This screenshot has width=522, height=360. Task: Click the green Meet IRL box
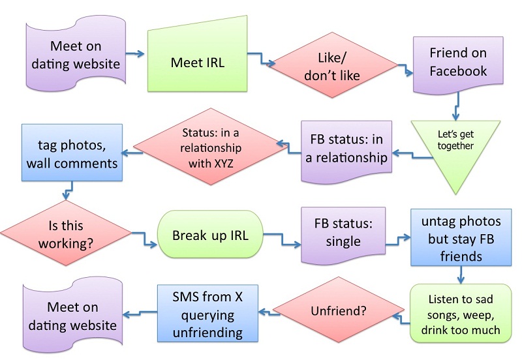point(198,54)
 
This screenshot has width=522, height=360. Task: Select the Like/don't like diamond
point(332,65)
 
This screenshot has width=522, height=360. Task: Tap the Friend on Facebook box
point(458,65)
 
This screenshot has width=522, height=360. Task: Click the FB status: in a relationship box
point(346,152)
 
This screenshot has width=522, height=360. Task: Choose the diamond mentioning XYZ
point(210,146)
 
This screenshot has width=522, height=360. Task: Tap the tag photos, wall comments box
point(72,153)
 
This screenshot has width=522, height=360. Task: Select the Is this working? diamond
point(66,233)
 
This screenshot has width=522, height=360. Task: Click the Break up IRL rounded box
point(210,234)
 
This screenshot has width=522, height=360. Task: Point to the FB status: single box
point(343,235)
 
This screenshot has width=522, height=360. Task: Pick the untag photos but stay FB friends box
point(461,237)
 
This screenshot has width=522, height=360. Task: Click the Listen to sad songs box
point(461,314)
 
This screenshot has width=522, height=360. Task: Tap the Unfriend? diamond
point(338,310)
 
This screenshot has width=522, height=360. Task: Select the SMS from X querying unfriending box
point(207,314)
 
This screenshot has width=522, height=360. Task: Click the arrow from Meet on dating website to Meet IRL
point(135,53)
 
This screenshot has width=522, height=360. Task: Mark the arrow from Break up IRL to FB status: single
point(283,239)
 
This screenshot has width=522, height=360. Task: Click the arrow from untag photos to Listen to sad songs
point(461,275)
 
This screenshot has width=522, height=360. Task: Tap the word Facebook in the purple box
point(458,71)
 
